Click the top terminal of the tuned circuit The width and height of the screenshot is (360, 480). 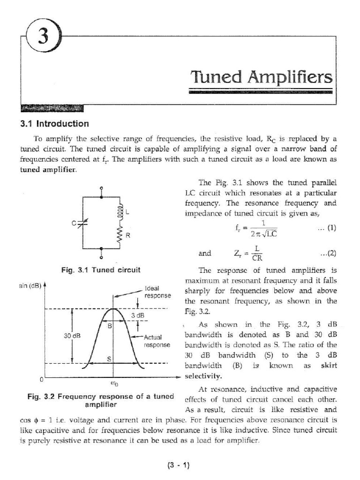tap(102, 190)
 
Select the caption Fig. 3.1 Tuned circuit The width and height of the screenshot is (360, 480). tap(101, 270)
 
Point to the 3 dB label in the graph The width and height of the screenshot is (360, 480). tap(137, 315)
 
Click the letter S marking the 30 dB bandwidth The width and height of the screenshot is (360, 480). tap(109, 359)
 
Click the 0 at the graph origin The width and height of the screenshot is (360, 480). tap(41, 379)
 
